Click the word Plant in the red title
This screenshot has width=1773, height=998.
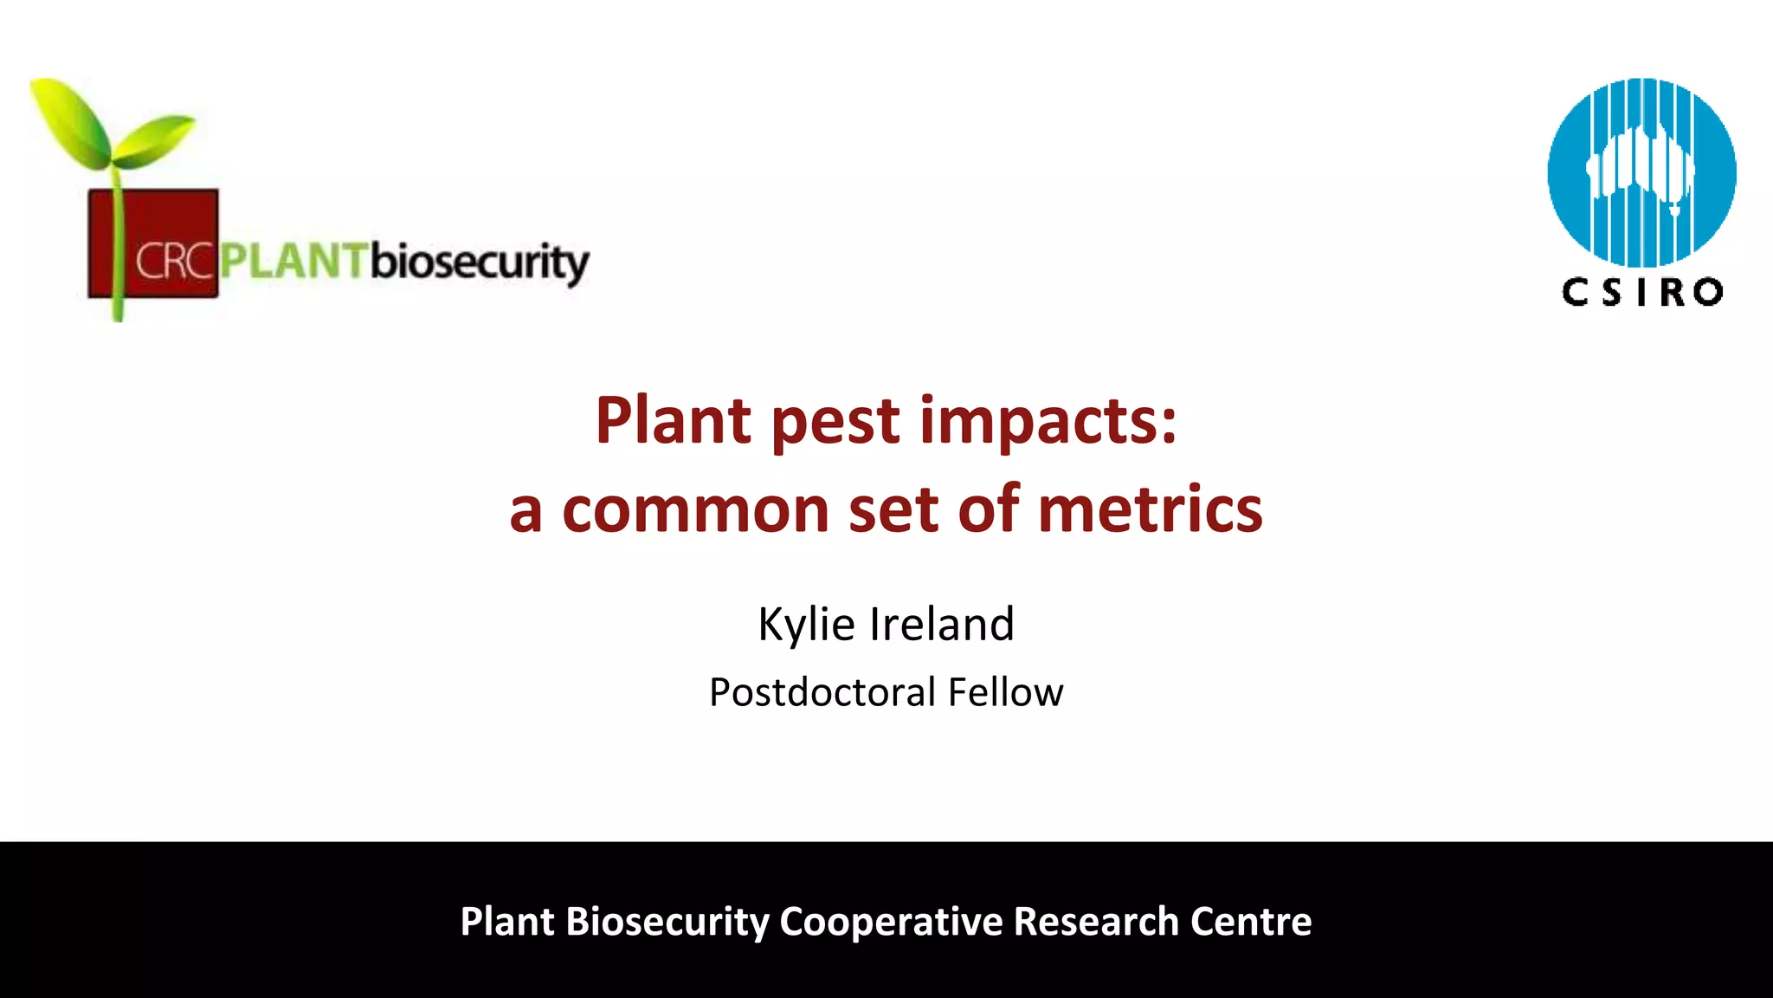674,421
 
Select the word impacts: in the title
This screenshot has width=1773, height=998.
1048,423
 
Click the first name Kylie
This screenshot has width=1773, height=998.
806,625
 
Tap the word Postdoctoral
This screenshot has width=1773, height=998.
822,692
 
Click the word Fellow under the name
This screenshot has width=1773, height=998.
1005,692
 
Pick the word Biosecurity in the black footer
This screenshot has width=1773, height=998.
667,922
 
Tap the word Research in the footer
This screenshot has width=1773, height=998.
1096,922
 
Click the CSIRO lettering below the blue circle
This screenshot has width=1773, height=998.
1642,293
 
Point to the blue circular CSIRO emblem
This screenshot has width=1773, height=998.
1641,172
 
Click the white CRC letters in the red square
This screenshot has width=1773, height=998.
173,261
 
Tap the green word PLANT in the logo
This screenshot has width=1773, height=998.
293,261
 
